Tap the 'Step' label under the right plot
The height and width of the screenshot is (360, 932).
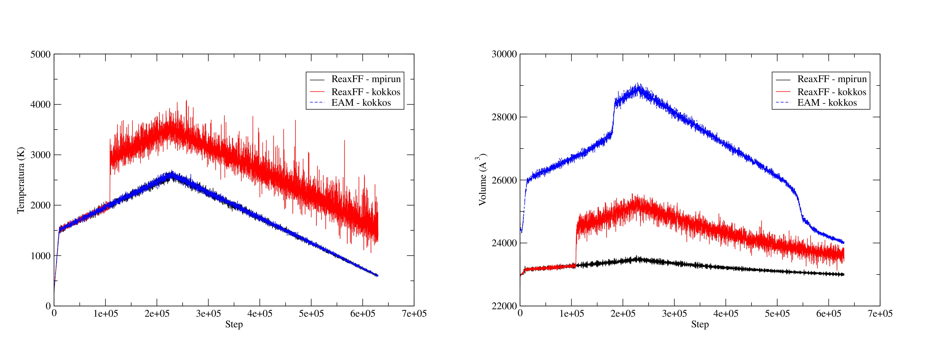click(x=700, y=324)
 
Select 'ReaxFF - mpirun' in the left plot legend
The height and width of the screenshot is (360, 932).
click(x=366, y=79)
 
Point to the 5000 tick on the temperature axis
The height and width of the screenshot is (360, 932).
click(x=41, y=54)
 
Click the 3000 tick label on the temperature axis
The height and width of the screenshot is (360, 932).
click(x=41, y=155)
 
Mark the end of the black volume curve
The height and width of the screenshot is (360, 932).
click(x=843, y=275)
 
